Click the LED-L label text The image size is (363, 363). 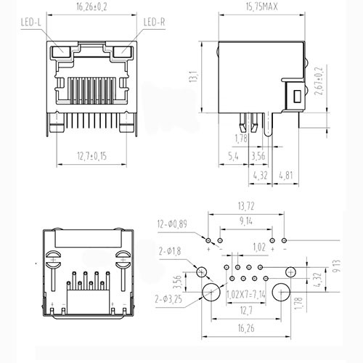[x=31, y=23]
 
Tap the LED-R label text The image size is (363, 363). [x=154, y=23]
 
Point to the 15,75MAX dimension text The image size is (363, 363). [x=261, y=7]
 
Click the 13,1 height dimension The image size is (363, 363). [x=194, y=76]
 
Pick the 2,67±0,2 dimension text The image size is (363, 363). [x=319, y=81]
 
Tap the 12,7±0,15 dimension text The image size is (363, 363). [x=91, y=156]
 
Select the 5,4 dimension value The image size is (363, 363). [x=233, y=156]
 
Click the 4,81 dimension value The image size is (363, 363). [x=286, y=176]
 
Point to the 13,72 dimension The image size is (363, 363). [x=246, y=206]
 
